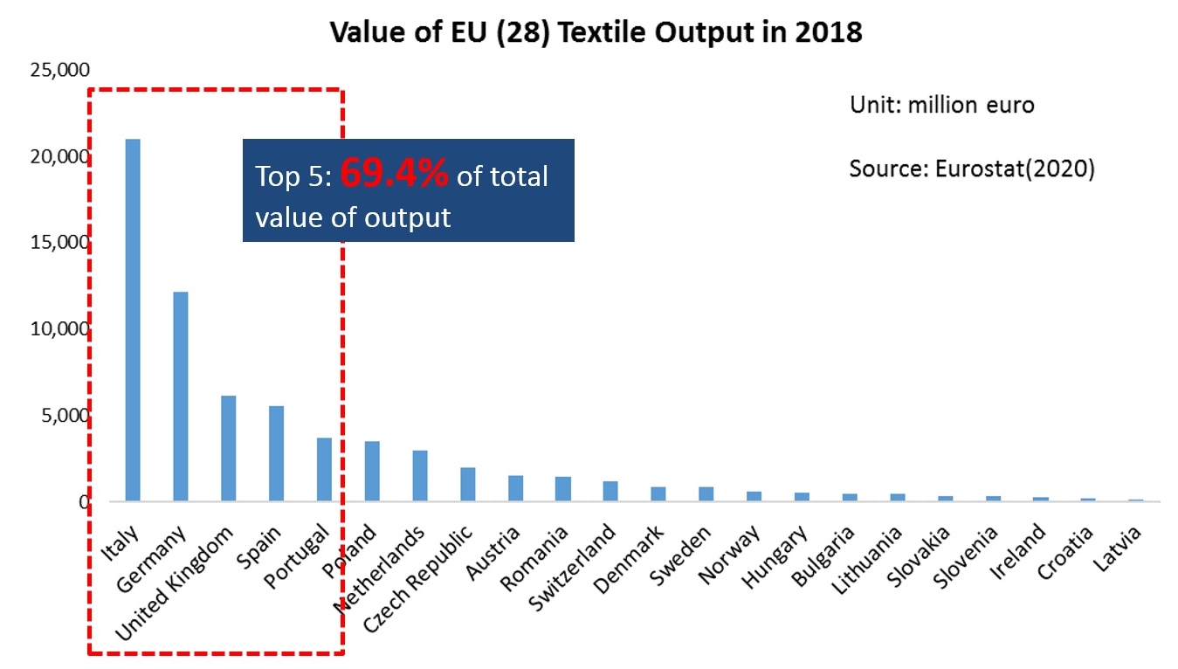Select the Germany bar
(181, 397)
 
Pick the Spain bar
(276, 453)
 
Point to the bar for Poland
(372, 471)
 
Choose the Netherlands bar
(420, 475)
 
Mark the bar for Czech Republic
(468, 484)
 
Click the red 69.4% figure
(394, 175)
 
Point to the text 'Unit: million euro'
(941, 106)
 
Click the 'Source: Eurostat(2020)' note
(971, 168)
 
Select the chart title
(596, 33)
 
